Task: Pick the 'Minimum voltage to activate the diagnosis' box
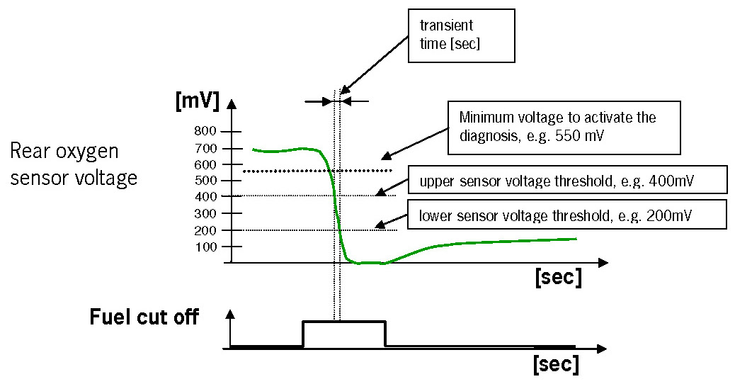564,128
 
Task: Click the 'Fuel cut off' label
144,317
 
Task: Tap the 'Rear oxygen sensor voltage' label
74,164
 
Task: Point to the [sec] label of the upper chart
558,277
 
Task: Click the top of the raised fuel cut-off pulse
344,322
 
